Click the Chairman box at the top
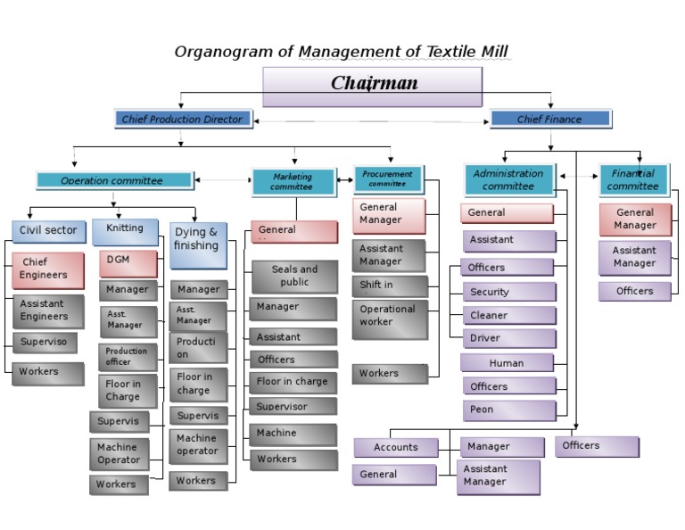click(x=372, y=86)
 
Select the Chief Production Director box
click(x=183, y=119)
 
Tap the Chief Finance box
click(x=550, y=119)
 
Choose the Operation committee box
click(x=113, y=180)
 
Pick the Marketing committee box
click(x=293, y=182)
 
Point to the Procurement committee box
click(x=388, y=178)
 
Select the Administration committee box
click(x=508, y=180)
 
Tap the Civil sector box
click(x=49, y=231)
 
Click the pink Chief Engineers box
click(x=48, y=269)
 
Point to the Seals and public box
click(x=294, y=276)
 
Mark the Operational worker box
click(x=389, y=319)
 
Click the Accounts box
click(x=396, y=447)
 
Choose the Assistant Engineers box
click(x=48, y=311)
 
